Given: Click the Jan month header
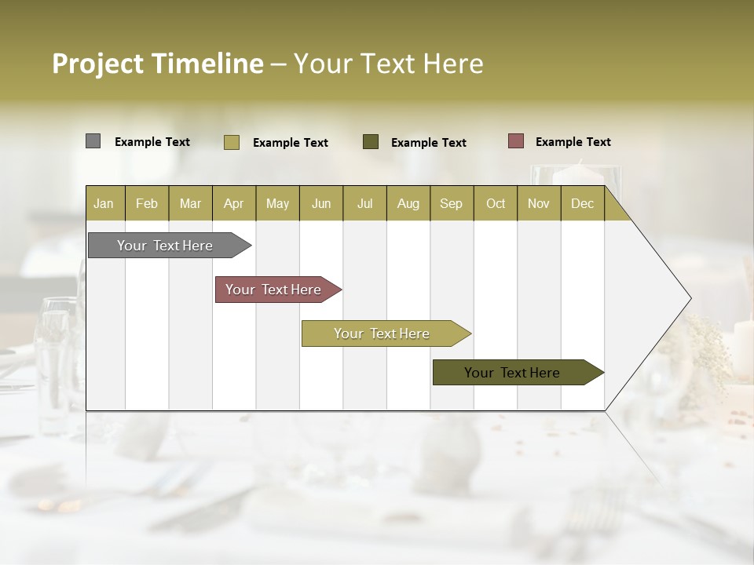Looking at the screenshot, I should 104,204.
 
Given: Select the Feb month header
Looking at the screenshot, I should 147,204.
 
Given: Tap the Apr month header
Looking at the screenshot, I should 234,204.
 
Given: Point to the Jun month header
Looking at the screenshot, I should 321,204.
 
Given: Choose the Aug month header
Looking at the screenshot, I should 408,204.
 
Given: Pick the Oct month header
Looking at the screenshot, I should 496,204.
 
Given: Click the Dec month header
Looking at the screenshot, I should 583,204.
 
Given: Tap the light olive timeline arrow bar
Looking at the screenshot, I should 382,334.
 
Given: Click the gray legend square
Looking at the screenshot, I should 93,141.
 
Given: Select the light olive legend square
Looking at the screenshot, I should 232,142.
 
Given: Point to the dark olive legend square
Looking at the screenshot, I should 371,141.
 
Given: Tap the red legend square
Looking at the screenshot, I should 516,141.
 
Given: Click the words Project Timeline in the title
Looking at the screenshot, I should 158,64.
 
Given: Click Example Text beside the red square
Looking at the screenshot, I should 573,142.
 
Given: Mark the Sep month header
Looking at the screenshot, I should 452,204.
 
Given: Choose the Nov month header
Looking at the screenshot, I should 539,204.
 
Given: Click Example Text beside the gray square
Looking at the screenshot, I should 152,142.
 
